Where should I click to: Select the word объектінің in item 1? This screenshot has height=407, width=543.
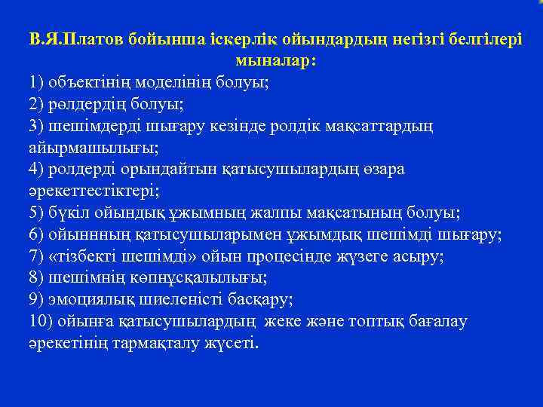point(90,82)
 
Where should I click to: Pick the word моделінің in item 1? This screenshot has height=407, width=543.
point(168,82)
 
